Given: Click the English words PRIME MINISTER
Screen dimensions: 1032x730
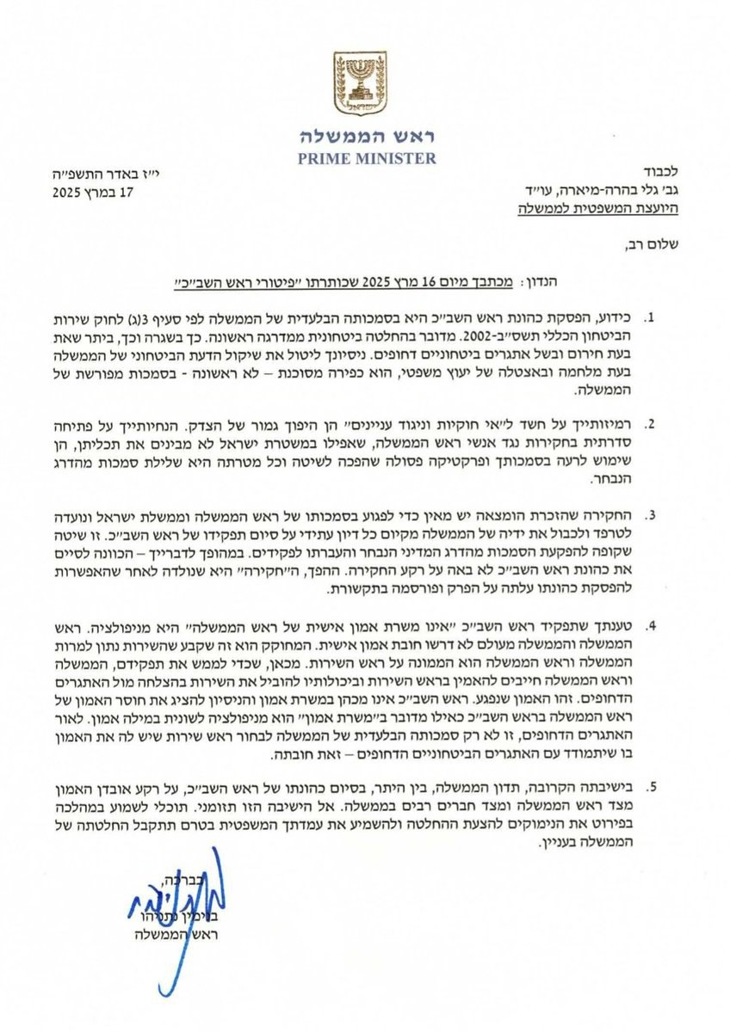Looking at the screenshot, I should pyautogui.click(x=368, y=158).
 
